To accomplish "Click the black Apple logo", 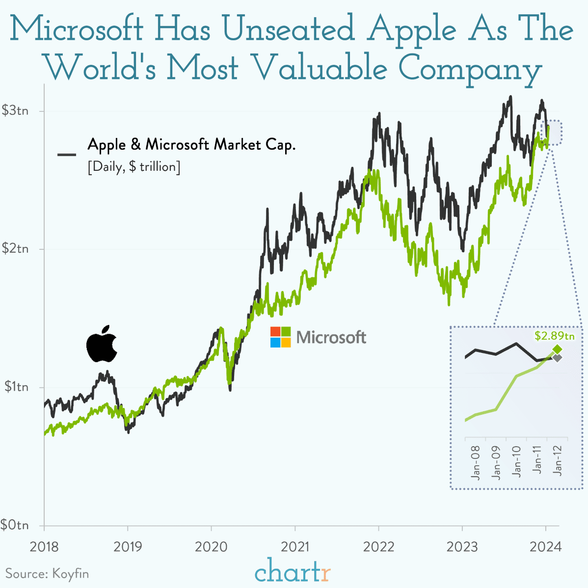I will tap(102, 344).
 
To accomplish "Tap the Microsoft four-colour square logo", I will tap(280, 337).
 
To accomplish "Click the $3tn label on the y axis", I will tap(15, 111).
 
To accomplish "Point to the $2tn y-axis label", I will tap(15, 249).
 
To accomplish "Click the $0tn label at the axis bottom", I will tap(15, 525).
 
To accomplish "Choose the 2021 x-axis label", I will tap(295, 546).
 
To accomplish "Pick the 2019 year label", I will tap(128, 546).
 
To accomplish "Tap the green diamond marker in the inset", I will tap(557, 349).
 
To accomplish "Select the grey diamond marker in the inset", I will tap(557, 358).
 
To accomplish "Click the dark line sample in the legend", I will tap(67, 155).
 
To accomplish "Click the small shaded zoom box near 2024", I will tap(554, 133).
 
